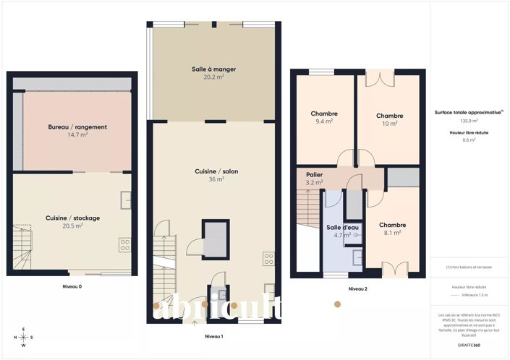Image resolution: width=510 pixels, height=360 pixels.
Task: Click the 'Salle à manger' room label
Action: click(214, 69)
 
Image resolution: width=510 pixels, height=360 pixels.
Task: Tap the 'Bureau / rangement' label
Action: click(77, 127)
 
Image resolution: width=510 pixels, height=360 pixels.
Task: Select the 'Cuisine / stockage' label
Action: click(73, 218)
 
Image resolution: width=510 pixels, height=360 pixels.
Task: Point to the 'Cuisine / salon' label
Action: click(213, 171)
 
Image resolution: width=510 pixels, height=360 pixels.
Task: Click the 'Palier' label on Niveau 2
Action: click(314, 175)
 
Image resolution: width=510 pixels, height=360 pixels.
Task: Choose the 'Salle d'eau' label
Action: click(338, 227)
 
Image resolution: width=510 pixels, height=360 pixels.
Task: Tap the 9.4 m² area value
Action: click(324, 122)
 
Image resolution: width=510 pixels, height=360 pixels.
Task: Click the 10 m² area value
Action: click(389, 124)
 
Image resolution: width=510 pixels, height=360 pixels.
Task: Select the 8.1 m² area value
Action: click(392, 233)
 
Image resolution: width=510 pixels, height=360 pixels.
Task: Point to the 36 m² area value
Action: click(213, 179)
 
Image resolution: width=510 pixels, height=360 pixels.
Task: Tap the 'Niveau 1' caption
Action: click(213, 337)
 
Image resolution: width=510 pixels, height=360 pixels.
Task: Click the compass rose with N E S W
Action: click(23, 337)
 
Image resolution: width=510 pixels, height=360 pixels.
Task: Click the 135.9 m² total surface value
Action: click(469, 121)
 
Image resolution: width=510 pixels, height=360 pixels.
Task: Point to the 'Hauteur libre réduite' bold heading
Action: click(469, 132)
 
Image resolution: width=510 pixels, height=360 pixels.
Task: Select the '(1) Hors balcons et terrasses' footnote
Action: click(469, 267)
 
